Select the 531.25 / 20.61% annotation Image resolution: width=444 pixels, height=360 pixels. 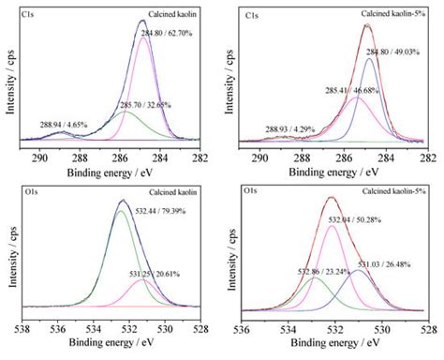click(x=163, y=272)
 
